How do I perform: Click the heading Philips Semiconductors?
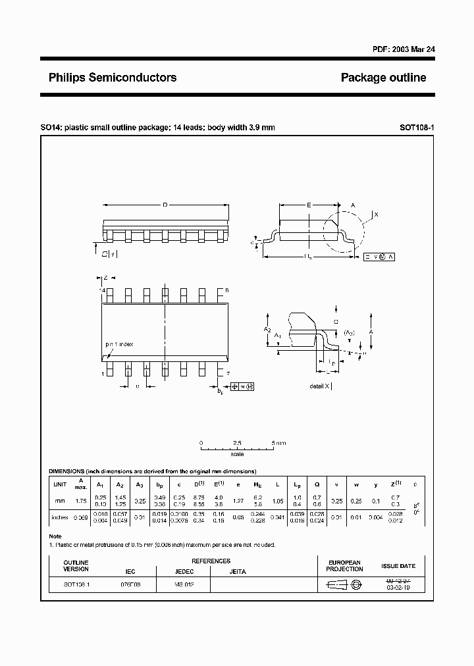113,78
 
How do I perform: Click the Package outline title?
383,78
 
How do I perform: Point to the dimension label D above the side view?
165,205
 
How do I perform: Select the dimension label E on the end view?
309,205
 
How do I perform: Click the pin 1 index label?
119,344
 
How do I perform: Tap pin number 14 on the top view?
102,290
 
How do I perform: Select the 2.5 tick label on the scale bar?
237,443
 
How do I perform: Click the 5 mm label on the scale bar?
278,443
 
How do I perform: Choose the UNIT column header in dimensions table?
60,484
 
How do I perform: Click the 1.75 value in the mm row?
80,501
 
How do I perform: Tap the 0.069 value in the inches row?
80,518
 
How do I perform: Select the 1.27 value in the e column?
239,501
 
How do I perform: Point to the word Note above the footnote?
55,536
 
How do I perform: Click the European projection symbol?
344,584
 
